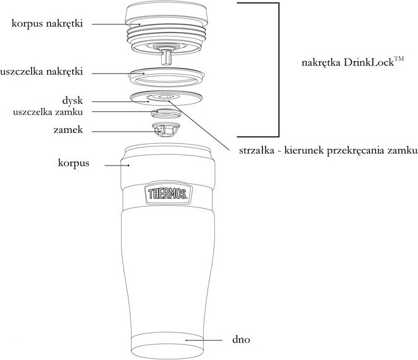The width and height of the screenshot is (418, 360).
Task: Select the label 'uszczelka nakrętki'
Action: coord(43,72)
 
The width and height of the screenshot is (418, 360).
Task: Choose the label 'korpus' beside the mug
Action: coord(72,164)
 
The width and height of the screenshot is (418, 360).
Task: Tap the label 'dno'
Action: coord(240,340)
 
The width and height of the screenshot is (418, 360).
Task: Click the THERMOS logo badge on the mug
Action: coord(167,195)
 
